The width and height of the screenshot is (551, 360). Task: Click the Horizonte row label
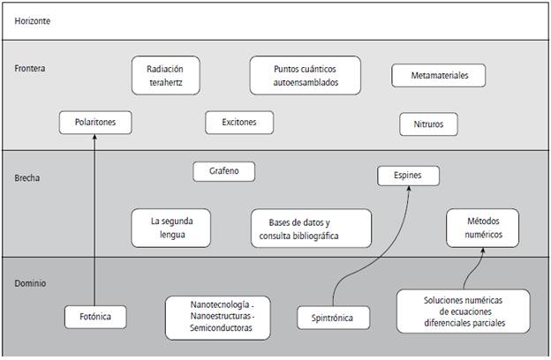click(32, 20)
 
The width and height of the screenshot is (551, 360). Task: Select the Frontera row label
click(30, 68)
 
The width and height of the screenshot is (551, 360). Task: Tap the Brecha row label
click(28, 177)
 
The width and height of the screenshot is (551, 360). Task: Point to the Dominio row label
click(31, 283)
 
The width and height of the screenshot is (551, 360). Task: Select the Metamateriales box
click(441, 76)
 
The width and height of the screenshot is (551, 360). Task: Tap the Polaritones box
click(94, 123)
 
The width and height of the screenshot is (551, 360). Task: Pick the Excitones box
click(239, 123)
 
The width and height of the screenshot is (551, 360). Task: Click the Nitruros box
click(428, 124)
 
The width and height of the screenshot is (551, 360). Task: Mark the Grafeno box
click(224, 171)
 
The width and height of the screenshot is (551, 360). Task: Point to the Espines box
click(407, 176)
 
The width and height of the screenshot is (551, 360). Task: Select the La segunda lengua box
click(170, 228)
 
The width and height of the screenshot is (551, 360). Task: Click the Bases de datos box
click(298, 228)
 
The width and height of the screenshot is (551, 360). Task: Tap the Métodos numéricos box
click(482, 228)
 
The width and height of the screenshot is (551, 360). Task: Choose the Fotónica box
click(94, 316)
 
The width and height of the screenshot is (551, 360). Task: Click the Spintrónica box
click(333, 317)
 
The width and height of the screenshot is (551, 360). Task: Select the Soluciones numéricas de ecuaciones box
click(463, 311)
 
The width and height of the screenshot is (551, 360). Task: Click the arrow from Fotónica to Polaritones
click(94, 221)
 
